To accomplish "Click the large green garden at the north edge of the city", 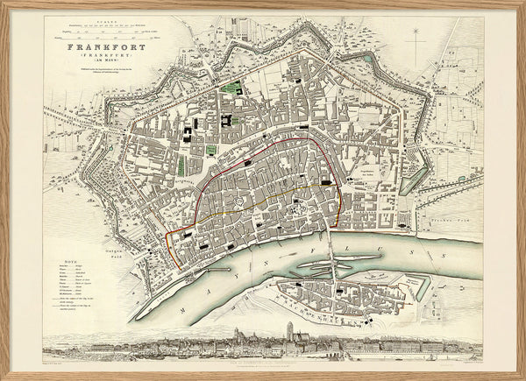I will pos(233,91).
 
